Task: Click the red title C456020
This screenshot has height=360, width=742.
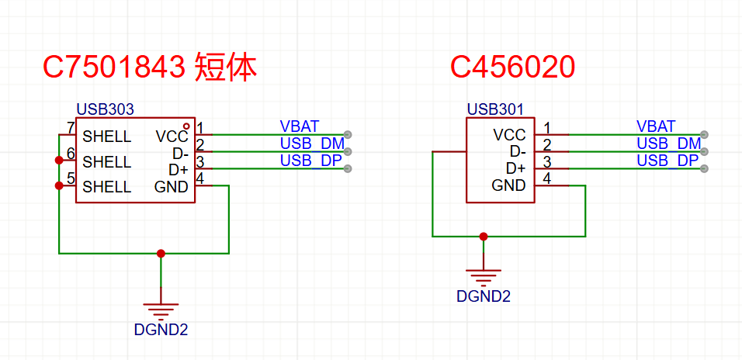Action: coord(512,68)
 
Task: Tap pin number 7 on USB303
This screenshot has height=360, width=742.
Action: coord(71,128)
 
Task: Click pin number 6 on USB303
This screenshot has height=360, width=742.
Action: coord(71,153)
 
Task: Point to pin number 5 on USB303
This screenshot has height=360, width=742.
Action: coord(71,178)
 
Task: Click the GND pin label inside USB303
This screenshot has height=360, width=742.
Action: coord(171,187)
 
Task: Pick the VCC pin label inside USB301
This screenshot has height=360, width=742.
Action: coord(509,135)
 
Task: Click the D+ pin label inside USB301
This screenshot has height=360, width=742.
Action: coord(515,168)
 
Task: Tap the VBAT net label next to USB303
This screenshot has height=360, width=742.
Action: coord(300,126)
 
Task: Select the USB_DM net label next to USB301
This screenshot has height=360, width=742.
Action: coord(668,144)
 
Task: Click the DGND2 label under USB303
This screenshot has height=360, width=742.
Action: coord(161,329)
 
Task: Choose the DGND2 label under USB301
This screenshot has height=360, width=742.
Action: coord(484,296)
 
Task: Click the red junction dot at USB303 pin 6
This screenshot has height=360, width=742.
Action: coord(59,161)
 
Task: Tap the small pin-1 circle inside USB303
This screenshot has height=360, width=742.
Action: coord(186,126)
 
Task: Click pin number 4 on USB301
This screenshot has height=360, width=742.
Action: coord(547,178)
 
